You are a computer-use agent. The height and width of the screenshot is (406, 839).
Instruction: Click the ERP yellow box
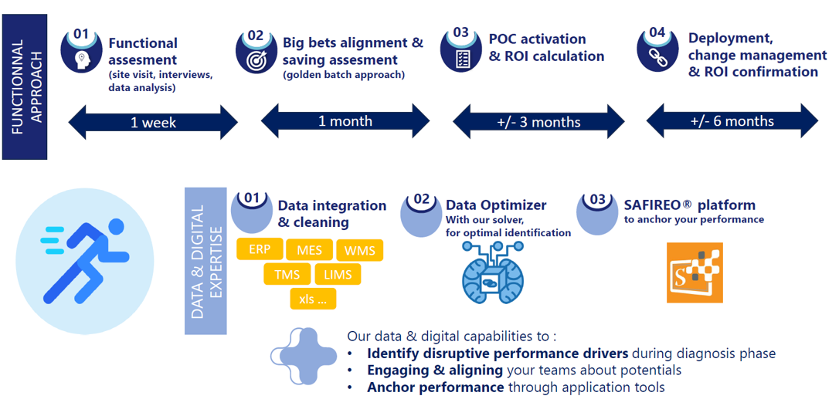point(259,249)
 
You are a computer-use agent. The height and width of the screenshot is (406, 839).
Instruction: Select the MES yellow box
point(309,250)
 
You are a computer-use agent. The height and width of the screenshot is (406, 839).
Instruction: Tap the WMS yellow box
point(359,251)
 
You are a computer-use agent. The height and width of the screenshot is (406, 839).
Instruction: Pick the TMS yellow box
point(287,275)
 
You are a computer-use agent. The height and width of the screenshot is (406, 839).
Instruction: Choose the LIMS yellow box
point(338,275)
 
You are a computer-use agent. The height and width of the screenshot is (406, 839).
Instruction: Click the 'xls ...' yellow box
point(312,299)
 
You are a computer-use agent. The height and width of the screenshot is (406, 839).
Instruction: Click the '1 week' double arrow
point(153,123)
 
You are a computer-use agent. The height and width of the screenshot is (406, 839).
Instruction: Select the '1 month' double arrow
point(345,121)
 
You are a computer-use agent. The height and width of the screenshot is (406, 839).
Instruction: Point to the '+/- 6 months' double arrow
point(732,121)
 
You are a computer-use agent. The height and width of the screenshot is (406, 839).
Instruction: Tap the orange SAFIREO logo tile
point(695,273)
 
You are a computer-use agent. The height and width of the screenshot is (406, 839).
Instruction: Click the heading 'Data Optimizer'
point(496,205)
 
